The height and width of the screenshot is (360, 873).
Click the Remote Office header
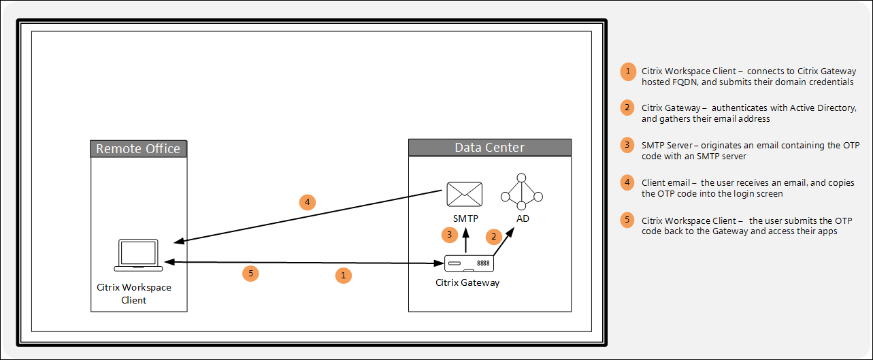138,149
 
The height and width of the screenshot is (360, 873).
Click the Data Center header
489,148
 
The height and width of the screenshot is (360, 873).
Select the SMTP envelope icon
463,194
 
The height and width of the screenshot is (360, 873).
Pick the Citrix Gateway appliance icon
469,263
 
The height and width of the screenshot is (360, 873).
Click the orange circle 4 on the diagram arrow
308,202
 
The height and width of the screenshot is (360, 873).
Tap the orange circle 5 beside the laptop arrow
251,274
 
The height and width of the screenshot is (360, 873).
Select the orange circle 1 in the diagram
344,275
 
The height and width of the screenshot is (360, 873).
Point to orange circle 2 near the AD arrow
493,236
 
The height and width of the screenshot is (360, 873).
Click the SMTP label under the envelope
465,218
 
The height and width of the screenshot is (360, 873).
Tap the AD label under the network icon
523,218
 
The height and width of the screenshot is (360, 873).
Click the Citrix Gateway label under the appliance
467,282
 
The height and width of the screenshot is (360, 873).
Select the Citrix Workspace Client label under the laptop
134,293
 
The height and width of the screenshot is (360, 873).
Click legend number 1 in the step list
628,71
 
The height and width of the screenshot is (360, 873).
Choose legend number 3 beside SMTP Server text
628,145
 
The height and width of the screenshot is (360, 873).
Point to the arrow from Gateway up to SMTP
466,240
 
